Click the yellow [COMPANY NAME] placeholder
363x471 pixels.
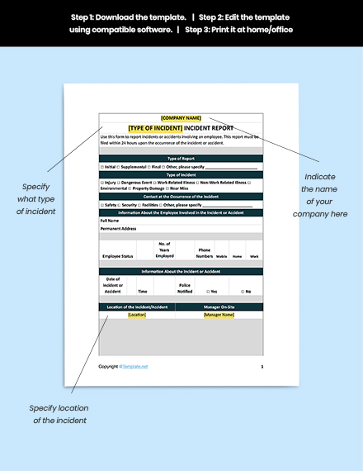click(x=181, y=118)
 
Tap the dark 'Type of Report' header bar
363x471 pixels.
click(x=181, y=158)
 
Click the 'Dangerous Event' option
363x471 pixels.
click(x=135, y=182)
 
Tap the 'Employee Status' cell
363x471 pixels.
click(x=117, y=257)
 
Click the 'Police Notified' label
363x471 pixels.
click(x=185, y=288)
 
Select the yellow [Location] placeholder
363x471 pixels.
click(x=137, y=315)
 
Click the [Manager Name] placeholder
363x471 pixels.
click(x=219, y=315)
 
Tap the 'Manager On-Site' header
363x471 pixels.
click(x=219, y=307)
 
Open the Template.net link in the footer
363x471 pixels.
click(x=134, y=366)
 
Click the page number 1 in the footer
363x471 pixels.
click(x=262, y=365)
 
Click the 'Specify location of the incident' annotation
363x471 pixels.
click(x=60, y=414)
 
